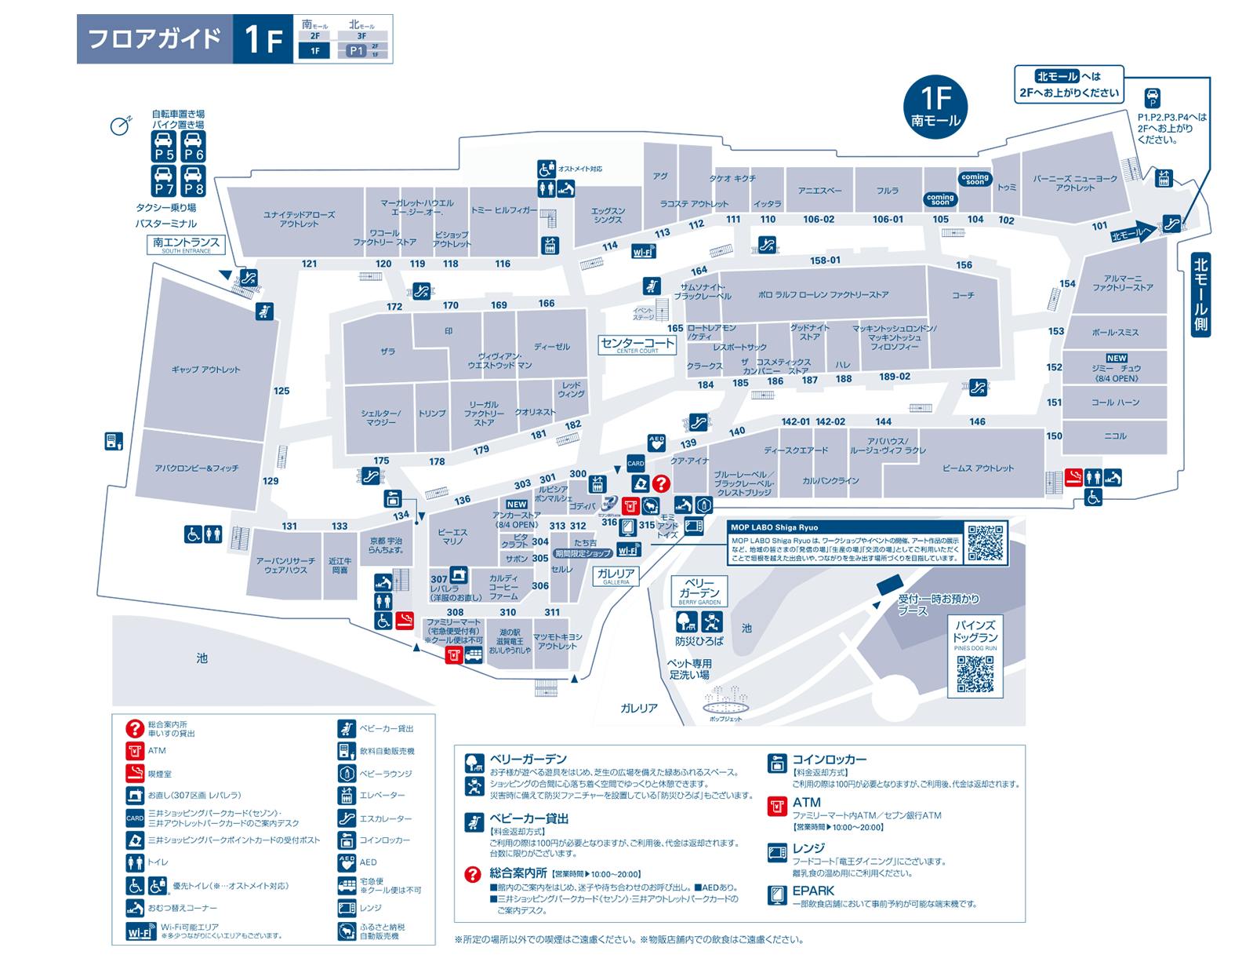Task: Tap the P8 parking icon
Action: point(194,182)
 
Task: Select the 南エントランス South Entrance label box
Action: point(187,245)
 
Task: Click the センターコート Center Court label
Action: point(637,345)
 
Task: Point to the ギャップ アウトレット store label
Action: point(205,370)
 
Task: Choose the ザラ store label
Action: point(387,352)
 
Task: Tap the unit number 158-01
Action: point(825,261)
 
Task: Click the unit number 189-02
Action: point(895,377)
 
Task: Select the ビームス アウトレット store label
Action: point(978,468)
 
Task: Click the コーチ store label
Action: point(963,295)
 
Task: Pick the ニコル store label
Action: point(1115,436)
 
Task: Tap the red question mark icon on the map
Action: point(662,483)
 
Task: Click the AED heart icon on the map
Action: point(657,443)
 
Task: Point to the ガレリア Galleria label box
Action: point(616,576)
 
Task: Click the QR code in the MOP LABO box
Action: point(985,542)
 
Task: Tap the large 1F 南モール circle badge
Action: point(935,106)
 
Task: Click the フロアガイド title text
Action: point(154,39)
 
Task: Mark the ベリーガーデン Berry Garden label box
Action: point(699,592)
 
